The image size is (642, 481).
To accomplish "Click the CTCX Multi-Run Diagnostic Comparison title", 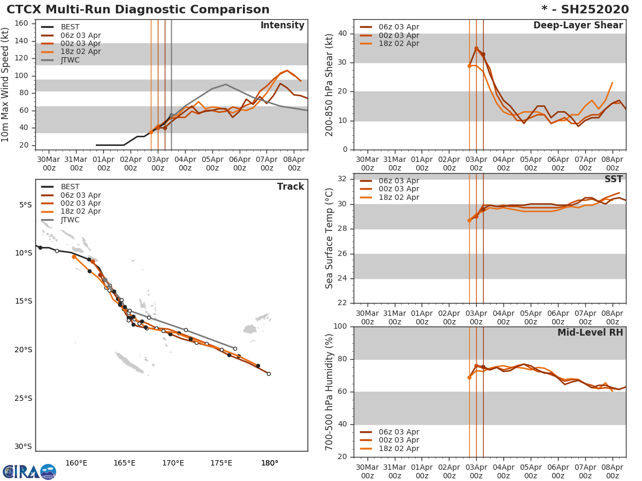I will point(138,10).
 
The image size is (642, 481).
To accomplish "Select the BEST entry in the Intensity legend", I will point(70,27).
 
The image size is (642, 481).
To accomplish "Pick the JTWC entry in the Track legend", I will point(70,220).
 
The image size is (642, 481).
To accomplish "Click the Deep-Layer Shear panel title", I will point(578,26).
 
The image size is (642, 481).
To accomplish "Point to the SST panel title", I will point(613,179).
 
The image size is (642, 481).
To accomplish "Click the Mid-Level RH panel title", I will point(590,332).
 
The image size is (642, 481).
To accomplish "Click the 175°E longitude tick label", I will point(221,463).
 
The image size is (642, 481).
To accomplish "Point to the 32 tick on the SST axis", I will point(344,179).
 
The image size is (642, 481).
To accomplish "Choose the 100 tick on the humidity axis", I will point(341,327).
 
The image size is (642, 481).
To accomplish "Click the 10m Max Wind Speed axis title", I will point(6,85).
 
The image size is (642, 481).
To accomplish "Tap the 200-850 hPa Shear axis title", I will point(330,84).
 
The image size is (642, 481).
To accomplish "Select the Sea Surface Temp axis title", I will point(330,238).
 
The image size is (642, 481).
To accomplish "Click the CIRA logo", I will point(29,472).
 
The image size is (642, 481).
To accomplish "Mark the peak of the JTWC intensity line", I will point(226,84).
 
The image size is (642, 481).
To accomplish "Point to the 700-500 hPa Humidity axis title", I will point(330,392).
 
